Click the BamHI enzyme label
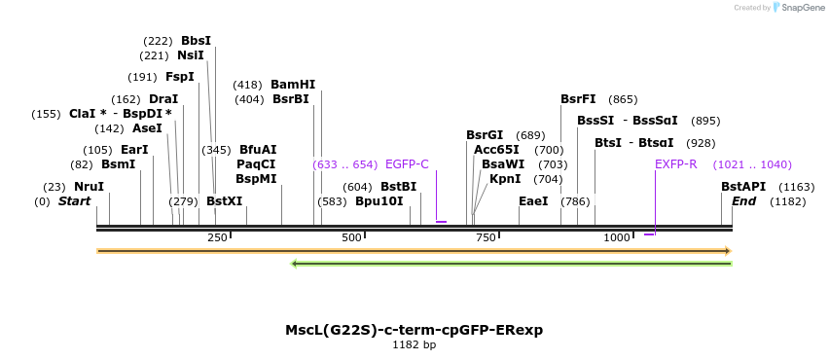click(293, 85)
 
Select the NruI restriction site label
click(89, 187)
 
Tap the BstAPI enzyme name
click(743, 187)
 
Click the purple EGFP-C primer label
click(407, 164)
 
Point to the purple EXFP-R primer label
click(675, 164)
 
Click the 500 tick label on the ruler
click(351, 237)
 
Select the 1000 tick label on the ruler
click(617, 237)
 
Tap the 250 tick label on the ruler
click(217, 237)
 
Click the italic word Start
click(74, 201)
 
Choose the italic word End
click(743, 201)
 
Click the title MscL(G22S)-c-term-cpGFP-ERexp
click(414, 330)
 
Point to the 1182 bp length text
click(414, 345)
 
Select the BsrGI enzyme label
click(485, 135)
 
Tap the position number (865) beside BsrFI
click(623, 99)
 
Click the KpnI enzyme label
click(505, 179)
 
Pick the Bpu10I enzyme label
click(379, 201)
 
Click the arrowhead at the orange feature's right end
click(727, 251)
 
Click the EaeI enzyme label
click(533, 201)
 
